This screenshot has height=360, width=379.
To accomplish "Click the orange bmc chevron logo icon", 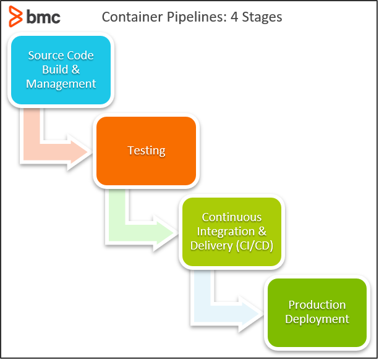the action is pyautogui.click(x=15, y=17).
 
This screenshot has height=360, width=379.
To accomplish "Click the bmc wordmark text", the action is pyautogui.click(x=43, y=17).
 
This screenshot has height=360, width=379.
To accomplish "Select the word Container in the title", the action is pyautogui.click(x=132, y=17).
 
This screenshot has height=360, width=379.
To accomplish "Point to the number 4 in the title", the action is pyautogui.click(x=234, y=17).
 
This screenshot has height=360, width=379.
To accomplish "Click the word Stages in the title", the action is pyautogui.click(x=262, y=17).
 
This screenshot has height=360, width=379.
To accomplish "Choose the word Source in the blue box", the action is pyautogui.click(x=46, y=56).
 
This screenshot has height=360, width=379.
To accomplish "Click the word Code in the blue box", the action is pyautogui.click(x=80, y=56).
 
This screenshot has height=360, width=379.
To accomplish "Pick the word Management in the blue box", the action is pyautogui.click(x=61, y=84).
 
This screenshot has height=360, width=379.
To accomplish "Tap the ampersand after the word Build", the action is pyautogui.click(x=75, y=70).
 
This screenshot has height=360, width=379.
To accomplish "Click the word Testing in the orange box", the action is pyautogui.click(x=147, y=151).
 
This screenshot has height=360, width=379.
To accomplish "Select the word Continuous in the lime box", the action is pyautogui.click(x=232, y=217).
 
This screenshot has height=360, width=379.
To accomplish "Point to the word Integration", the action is pyautogui.click(x=226, y=232).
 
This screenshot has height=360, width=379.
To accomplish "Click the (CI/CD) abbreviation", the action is pyautogui.click(x=255, y=246).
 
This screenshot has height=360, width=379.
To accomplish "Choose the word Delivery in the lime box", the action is pyautogui.click(x=211, y=246).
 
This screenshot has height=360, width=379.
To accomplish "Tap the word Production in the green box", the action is pyautogui.click(x=317, y=304).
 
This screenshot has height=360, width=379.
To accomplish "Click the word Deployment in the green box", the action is pyautogui.click(x=317, y=319).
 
